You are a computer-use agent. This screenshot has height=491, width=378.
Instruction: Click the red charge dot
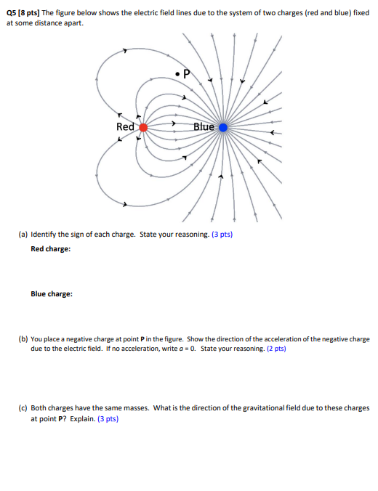click(x=143, y=126)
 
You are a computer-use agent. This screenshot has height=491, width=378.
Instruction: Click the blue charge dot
click(x=223, y=127)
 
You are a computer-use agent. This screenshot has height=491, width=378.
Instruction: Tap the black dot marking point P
click(x=177, y=73)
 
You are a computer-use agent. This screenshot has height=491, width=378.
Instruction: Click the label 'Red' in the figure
click(x=126, y=126)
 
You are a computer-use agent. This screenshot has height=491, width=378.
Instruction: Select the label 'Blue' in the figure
click(x=204, y=126)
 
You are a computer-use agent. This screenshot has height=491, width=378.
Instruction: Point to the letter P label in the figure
click(x=187, y=73)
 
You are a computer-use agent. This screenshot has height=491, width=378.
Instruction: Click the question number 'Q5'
click(x=12, y=13)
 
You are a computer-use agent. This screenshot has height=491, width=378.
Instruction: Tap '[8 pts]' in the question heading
click(x=34, y=13)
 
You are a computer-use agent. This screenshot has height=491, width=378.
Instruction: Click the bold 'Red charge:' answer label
click(x=50, y=249)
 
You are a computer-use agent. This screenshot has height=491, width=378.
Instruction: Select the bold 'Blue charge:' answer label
click(x=51, y=294)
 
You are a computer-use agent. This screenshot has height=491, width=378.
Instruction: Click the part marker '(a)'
click(x=24, y=235)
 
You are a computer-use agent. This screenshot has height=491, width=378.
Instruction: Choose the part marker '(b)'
click(x=24, y=339)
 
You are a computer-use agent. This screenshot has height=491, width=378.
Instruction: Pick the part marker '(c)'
click(x=24, y=408)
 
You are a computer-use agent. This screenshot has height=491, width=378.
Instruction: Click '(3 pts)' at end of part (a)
click(x=221, y=235)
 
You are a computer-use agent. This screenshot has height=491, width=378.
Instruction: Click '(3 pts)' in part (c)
click(x=107, y=418)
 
